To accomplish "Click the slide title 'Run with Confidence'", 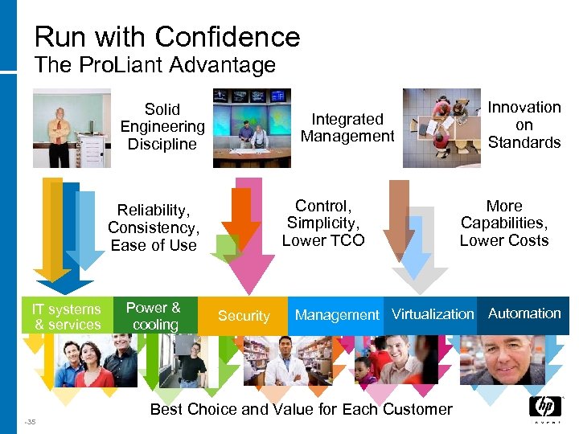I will (x=167, y=36).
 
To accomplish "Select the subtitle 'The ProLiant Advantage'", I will (x=155, y=65).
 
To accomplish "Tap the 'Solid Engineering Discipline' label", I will (x=162, y=127).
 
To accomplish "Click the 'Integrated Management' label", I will (x=347, y=128).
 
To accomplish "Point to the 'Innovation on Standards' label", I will (x=524, y=125).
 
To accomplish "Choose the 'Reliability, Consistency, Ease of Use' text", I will (x=154, y=227).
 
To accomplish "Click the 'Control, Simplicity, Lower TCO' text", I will (x=323, y=223).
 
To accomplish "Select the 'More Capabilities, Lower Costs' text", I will (x=504, y=223).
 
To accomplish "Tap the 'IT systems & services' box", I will (x=67, y=317).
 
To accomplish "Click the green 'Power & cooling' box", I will (x=154, y=316).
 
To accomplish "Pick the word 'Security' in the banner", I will (x=244, y=316).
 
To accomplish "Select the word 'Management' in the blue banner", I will (x=336, y=315).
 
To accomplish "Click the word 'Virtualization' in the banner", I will (x=433, y=314).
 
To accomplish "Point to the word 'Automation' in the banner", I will (x=524, y=313).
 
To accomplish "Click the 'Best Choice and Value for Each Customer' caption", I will (x=301, y=409).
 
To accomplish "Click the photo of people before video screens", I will (x=252, y=128).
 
